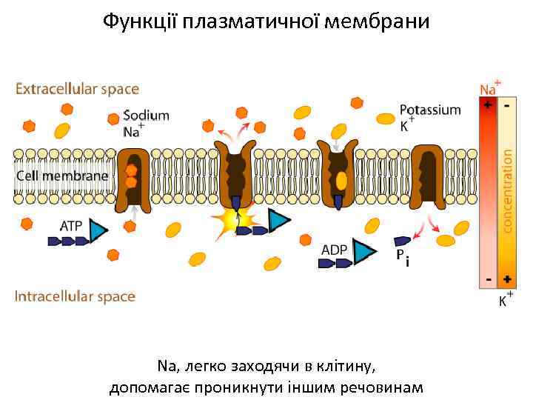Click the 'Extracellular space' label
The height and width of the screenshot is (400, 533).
tap(77, 89)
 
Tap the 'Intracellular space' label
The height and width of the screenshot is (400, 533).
tap(75, 296)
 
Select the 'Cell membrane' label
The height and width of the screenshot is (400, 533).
tap(63, 176)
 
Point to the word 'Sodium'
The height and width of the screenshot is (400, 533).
tap(146, 115)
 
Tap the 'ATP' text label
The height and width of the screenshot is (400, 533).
tap(71, 225)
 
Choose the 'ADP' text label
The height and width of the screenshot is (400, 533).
tap(334, 250)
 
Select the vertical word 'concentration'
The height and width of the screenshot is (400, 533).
tap(508, 190)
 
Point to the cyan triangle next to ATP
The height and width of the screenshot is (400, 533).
tap(98, 231)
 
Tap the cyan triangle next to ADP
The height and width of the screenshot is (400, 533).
tap(363, 253)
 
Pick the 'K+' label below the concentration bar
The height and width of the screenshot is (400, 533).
tap(505, 300)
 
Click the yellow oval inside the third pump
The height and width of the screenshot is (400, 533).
tap(341, 180)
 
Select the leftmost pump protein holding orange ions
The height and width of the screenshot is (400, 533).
tap(133, 178)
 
